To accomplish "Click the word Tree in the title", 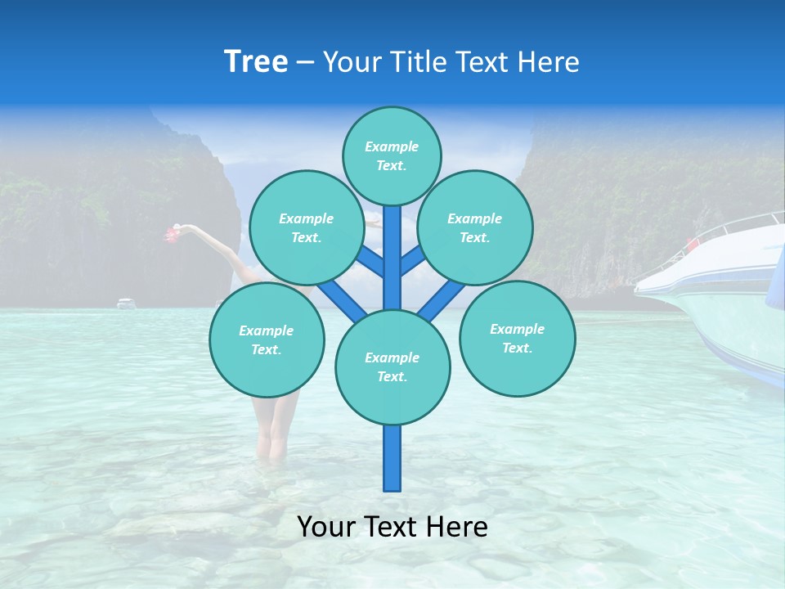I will point(256,62).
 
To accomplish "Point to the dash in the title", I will point(305,63).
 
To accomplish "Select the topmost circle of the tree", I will point(392,155).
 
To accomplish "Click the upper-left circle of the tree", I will point(306,227).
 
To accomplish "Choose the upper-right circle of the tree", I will point(474,227).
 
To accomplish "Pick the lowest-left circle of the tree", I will point(266,339).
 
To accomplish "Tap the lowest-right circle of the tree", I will point(517,338).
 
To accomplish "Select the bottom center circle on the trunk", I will point(392,366).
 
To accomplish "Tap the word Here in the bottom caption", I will point(457,527).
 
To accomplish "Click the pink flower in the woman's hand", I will point(172,235).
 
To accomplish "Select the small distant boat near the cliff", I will point(126,303).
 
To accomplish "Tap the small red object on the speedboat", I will point(693,244).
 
